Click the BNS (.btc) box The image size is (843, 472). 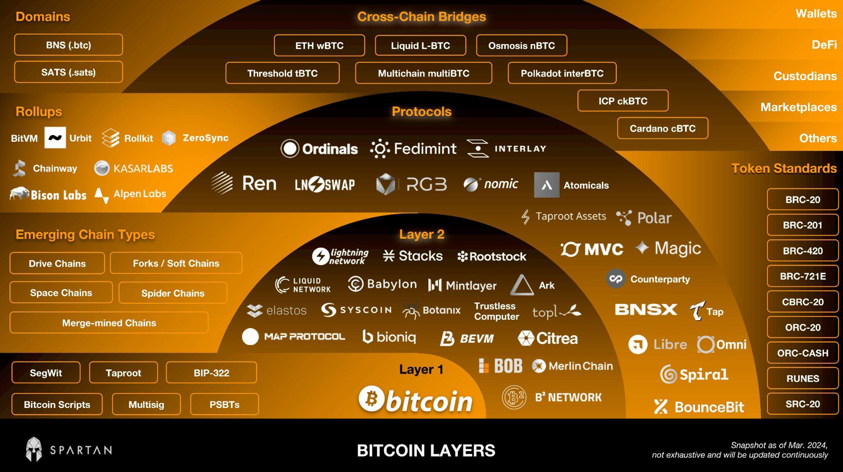pyautogui.click(x=68, y=45)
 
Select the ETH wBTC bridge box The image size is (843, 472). pyautogui.click(x=319, y=45)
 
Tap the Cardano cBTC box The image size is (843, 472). pyautogui.click(x=662, y=129)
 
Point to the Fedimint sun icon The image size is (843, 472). pyautogui.click(x=380, y=148)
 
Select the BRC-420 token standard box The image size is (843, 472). pyautogui.click(x=802, y=251)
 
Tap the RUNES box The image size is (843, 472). pyautogui.click(x=802, y=378)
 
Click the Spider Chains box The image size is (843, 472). pyautogui.click(x=173, y=293)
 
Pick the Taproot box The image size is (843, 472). pyautogui.click(x=123, y=373)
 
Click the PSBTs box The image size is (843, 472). pyautogui.click(x=224, y=405)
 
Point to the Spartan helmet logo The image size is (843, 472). pyautogui.click(x=34, y=449)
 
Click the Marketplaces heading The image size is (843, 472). pyautogui.click(x=798, y=107)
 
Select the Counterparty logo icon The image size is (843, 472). pyautogui.click(x=616, y=279)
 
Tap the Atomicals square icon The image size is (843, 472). pyautogui.click(x=547, y=185)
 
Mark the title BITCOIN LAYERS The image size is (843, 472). pyautogui.click(x=426, y=451)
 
